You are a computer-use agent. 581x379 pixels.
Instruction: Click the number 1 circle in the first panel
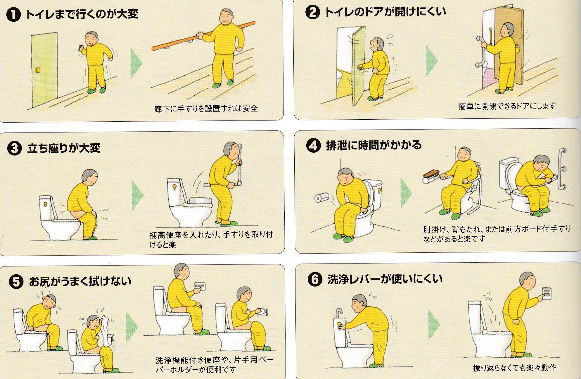[14, 15]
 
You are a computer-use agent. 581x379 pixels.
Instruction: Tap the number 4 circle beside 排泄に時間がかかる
[313, 145]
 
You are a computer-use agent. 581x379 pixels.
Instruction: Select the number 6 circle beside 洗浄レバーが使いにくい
[315, 280]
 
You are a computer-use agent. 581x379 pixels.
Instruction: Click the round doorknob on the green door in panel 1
[38, 70]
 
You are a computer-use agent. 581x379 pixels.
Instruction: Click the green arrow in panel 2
[431, 61]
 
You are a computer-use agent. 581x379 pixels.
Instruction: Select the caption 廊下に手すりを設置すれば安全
[206, 109]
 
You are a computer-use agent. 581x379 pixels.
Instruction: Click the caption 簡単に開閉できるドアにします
[506, 106]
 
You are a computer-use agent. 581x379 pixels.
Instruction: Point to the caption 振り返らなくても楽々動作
[515, 368]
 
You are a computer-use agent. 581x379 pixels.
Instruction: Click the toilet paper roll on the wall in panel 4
[321, 198]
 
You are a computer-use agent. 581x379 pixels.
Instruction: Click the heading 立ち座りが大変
[63, 148]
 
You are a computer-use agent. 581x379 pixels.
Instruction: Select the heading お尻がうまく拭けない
[80, 281]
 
